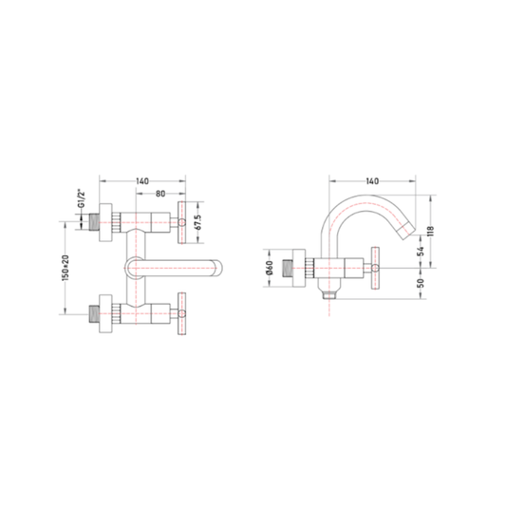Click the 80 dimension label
160,194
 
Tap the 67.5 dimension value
198,222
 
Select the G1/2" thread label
82,199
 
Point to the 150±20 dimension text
66,268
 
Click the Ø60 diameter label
270,268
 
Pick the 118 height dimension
431,231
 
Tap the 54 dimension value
421,252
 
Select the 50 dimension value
421,283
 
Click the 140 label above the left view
142,181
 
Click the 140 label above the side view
372,181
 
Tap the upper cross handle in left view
181,223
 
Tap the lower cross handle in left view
181,313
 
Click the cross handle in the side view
375,268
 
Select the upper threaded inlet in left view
94,223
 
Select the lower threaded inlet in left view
94,313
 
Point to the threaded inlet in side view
288,268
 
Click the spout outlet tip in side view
405,233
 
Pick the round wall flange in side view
299,268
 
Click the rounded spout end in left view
218,268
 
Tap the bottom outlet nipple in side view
328,294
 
